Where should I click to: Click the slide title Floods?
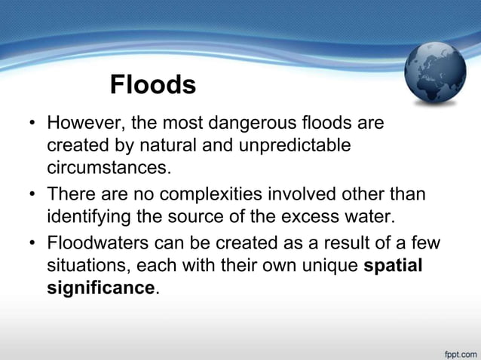153,84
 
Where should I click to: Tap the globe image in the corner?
436,73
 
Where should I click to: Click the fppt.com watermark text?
458,351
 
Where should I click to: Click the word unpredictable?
297,143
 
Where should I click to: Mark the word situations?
84,267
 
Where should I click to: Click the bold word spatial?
394,267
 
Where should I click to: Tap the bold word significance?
100,288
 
